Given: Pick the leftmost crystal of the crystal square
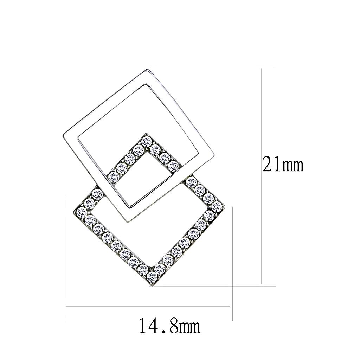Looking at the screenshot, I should point(82,211).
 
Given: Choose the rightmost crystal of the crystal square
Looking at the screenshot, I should point(217,206).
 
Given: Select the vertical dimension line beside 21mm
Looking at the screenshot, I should point(262,176).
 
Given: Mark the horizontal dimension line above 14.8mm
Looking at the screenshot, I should point(148,307).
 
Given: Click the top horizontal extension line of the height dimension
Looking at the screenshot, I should point(211,65).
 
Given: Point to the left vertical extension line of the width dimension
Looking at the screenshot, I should point(66,260).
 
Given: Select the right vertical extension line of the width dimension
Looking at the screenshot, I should point(233,264).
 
